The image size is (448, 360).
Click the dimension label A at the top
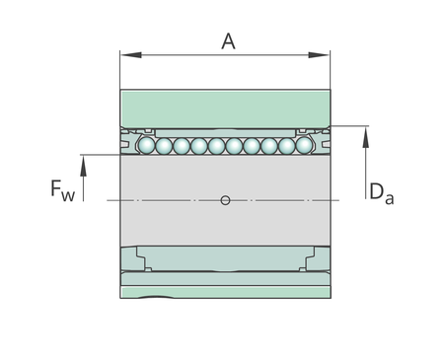point(228,41)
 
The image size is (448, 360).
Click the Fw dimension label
point(62,190)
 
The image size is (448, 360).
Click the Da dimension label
point(381,193)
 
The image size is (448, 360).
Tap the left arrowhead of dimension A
point(131,55)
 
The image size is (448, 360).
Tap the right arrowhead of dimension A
point(319,55)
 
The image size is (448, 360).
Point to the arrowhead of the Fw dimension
point(83,166)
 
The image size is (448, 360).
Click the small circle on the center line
point(225,200)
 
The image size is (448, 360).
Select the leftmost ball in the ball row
point(146,145)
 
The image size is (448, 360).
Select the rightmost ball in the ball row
point(304,145)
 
